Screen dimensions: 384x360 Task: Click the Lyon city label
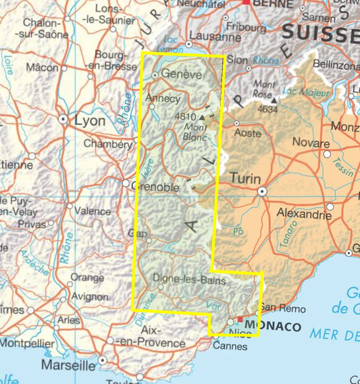click(90, 121)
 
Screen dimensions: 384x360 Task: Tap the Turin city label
click(244, 177)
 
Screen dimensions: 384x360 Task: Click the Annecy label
click(163, 99)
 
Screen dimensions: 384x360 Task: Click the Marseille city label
click(68, 365)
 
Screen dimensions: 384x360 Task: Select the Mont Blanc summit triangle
click(201, 117)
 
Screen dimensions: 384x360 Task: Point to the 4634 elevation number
click(267, 108)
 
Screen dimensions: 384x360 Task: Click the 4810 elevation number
click(185, 117)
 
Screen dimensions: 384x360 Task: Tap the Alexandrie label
click(305, 215)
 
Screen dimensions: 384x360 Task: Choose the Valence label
click(93, 211)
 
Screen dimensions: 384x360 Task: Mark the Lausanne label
click(216, 37)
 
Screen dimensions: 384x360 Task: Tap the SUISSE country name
click(320, 32)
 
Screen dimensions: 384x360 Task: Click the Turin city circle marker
click(262, 192)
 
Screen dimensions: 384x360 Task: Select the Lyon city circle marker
click(63, 119)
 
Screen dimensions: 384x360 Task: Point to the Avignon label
click(89, 296)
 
